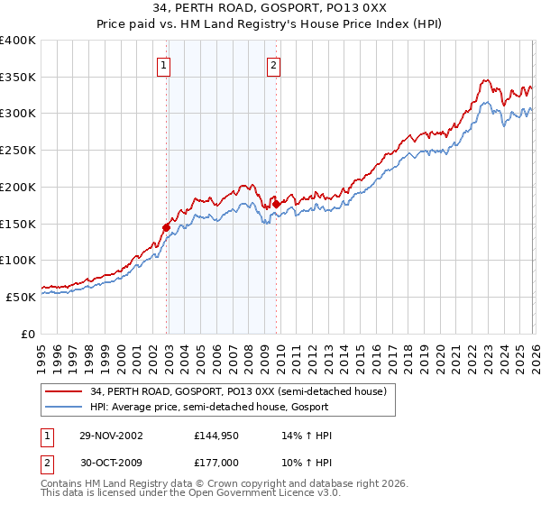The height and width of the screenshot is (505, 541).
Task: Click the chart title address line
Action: coord(270,9)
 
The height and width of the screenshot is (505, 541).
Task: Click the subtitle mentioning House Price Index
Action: coord(270,24)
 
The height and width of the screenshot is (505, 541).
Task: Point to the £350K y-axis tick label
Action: coord(18,78)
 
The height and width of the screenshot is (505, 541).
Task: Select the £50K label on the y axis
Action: coord(20,297)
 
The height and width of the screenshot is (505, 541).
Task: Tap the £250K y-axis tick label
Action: coord(18,151)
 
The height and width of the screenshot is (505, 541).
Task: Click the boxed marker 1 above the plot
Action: coord(164,65)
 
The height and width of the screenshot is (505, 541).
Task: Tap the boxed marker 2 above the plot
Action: coord(273,65)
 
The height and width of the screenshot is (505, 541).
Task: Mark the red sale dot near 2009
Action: coord(276,204)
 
